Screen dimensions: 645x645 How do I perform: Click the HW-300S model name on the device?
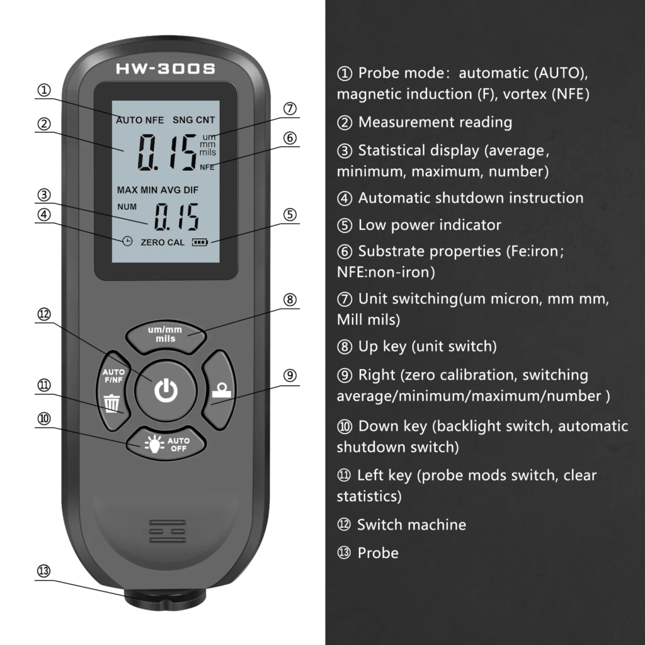click(166, 69)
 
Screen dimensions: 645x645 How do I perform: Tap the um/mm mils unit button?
click(166, 337)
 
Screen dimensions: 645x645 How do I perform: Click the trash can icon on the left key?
click(112, 403)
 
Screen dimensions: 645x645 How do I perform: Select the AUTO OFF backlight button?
click(166, 443)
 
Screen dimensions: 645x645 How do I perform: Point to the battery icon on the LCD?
click(200, 243)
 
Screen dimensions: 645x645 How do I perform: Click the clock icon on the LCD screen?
click(127, 241)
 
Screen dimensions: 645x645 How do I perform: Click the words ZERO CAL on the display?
click(163, 243)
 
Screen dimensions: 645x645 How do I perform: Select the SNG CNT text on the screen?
click(194, 120)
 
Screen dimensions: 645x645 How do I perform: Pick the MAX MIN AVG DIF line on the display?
click(157, 190)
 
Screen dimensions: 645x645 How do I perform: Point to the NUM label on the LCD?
click(127, 207)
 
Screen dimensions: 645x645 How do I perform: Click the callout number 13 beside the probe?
click(43, 571)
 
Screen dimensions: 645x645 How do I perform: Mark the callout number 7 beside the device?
click(290, 108)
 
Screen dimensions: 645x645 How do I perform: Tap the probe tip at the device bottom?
click(166, 600)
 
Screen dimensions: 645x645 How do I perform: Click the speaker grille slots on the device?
click(168, 531)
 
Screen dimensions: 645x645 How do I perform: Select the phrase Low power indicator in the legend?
click(430, 225)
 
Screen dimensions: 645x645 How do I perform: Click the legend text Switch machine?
click(411, 525)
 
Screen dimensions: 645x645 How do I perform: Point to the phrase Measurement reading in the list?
click(435, 122)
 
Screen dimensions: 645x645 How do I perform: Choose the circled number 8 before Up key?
click(345, 347)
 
